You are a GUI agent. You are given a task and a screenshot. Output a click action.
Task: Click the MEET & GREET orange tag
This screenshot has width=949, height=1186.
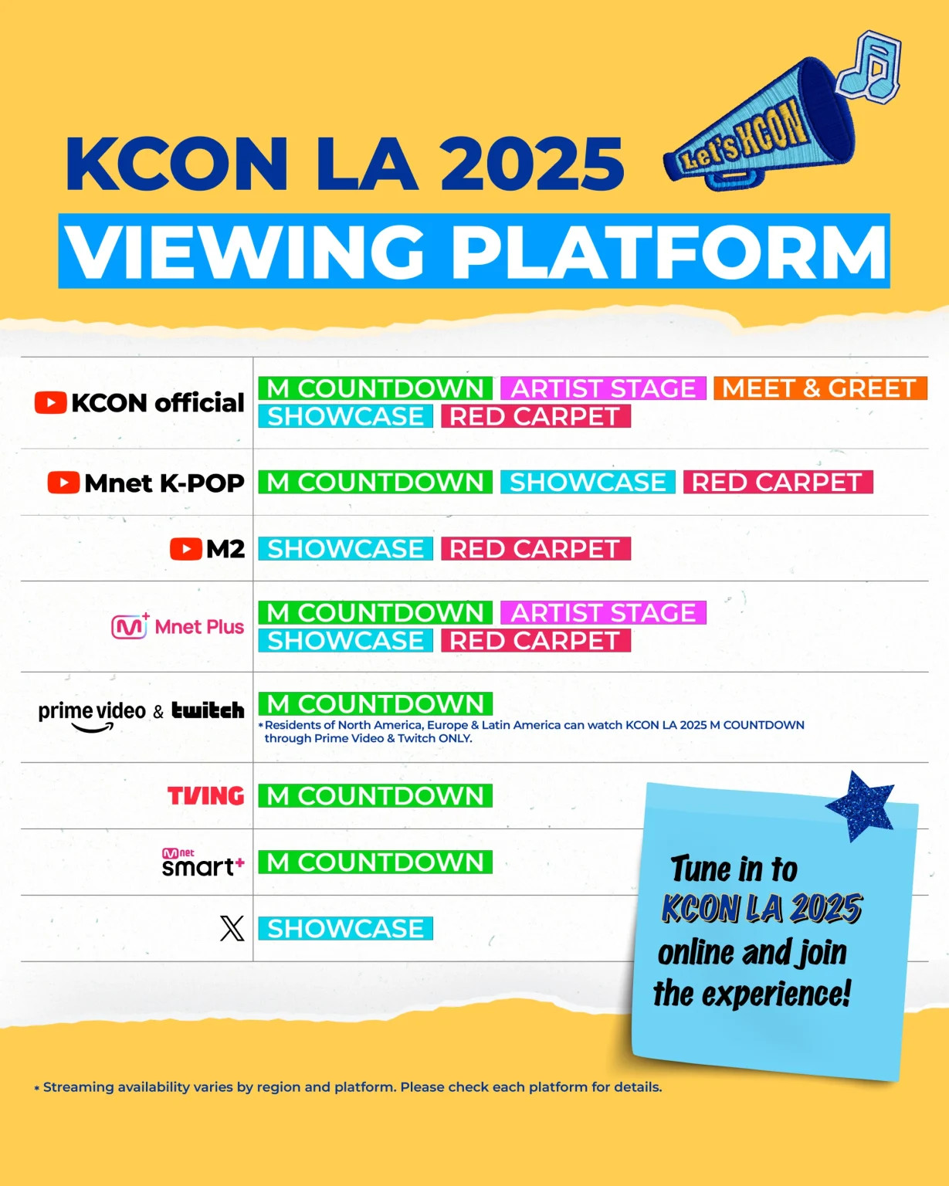pyautogui.click(x=820, y=388)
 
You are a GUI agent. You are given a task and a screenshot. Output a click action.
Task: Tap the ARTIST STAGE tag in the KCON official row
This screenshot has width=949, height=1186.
pyautogui.click(x=603, y=388)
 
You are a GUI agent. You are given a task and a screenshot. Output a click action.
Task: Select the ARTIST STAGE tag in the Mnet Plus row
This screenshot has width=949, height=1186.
pyautogui.click(x=603, y=612)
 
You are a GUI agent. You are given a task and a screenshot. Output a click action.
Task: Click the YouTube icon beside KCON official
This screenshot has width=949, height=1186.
pyautogui.click(x=51, y=403)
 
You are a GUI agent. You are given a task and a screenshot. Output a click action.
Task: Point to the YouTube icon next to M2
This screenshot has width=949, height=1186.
pyautogui.click(x=186, y=549)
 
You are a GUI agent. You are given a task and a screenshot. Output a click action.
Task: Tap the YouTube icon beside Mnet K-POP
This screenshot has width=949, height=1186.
pyautogui.click(x=63, y=483)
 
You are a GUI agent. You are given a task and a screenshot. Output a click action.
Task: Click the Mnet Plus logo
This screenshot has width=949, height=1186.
pyautogui.click(x=178, y=626)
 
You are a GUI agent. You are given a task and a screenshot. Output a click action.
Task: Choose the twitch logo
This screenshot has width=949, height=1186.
pyautogui.click(x=208, y=710)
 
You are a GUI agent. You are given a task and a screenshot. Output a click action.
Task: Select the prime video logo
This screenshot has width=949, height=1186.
pyautogui.click(x=92, y=715)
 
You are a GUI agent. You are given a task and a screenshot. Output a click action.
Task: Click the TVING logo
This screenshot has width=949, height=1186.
pyautogui.click(x=205, y=796)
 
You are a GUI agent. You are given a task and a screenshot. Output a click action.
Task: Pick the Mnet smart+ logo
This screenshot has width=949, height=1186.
pyautogui.click(x=203, y=862)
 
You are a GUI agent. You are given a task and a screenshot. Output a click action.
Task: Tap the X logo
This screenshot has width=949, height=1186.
pyautogui.click(x=232, y=929)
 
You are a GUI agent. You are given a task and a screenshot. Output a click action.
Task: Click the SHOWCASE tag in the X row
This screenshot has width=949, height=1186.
pyautogui.click(x=345, y=929)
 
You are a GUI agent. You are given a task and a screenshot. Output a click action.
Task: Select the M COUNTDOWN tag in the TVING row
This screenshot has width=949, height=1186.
pyautogui.click(x=375, y=796)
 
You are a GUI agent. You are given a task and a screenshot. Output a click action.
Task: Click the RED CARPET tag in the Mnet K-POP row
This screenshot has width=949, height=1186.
pyautogui.click(x=778, y=483)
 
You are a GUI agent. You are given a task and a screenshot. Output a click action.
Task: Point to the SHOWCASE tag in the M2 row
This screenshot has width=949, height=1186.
pyautogui.click(x=345, y=549)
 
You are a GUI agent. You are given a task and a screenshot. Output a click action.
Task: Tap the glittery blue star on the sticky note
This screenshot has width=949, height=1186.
pyautogui.click(x=860, y=806)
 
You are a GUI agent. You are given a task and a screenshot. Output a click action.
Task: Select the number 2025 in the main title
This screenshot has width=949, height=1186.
pyautogui.click(x=532, y=164)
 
